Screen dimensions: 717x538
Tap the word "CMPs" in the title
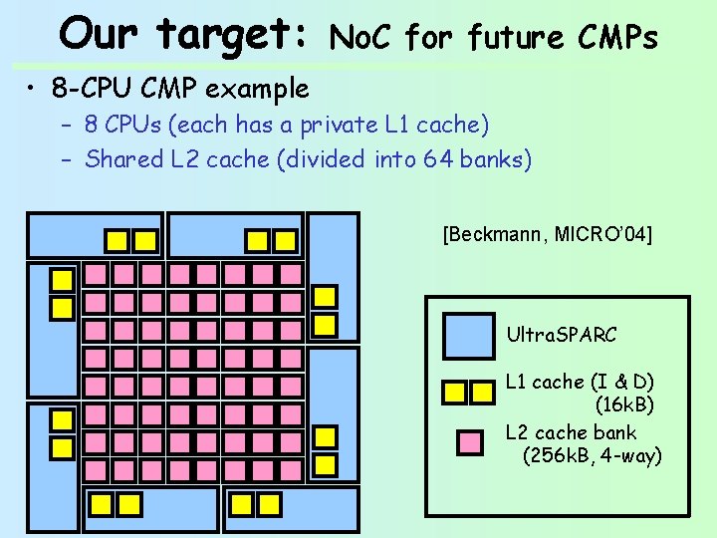[x=617, y=39]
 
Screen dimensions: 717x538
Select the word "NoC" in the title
[x=363, y=39]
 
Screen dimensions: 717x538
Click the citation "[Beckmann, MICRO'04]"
[x=547, y=235]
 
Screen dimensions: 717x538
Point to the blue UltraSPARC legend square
[x=468, y=335]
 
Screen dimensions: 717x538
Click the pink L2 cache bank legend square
[x=468, y=441]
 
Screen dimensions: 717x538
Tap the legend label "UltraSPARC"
[x=562, y=335]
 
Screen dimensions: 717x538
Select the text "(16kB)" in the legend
[x=624, y=405]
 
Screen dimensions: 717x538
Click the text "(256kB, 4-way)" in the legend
[x=592, y=456]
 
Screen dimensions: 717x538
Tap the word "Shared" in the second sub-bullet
[x=122, y=159]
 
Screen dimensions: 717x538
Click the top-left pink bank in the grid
[x=95, y=273]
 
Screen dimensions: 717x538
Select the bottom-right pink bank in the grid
[x=291, y=469]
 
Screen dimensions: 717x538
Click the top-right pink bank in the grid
[x=291, y=273]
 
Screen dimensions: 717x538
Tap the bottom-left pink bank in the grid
[x=95, y=469]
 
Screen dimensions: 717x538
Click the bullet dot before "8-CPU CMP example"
[x=34, y=89]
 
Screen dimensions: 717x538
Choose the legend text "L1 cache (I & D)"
[x=580, y=383]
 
